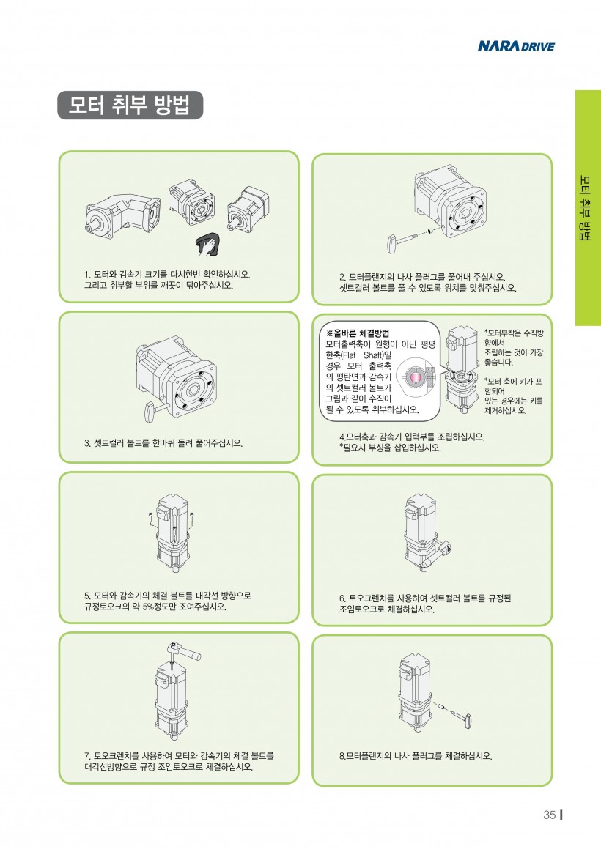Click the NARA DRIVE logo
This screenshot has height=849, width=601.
(x=516, y=47)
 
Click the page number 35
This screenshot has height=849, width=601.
(x=549, y=815)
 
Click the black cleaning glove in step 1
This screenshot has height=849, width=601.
(x=209, y=244)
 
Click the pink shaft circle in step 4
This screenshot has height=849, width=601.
(x=416, y=377)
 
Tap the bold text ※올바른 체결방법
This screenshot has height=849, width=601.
(x=358, y=333)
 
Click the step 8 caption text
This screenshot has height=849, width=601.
(x=416, y=755)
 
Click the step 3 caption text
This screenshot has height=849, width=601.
(x=163, y=443)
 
